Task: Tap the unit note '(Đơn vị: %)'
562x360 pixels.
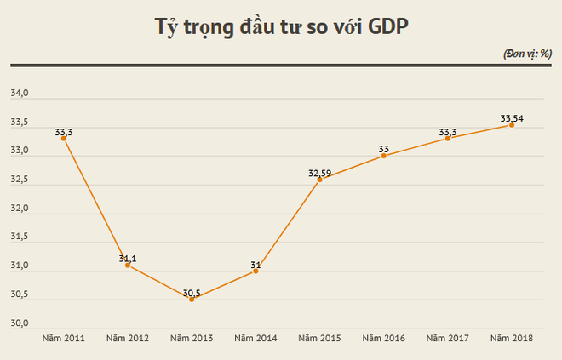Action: [528, 54]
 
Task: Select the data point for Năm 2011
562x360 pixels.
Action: [64, 138]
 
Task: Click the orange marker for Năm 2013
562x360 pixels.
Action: [192, 299]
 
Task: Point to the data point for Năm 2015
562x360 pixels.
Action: [319, 179]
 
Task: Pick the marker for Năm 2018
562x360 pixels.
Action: [512, 124]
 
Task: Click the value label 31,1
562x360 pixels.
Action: [128, 258]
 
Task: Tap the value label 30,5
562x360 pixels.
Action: [192, 292]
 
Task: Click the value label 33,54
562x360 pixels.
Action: [512, 118]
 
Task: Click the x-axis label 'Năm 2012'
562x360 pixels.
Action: [128, 339]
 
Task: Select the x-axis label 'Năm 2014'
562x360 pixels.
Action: [255, 339]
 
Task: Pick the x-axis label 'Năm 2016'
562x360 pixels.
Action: [384, 339]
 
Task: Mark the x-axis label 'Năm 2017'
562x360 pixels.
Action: [448, 339]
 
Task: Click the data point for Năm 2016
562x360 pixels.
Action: [384, 156]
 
